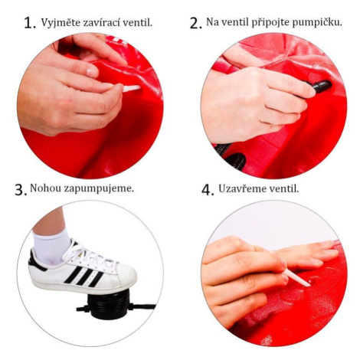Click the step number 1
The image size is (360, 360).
29,23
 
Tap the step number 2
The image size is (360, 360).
196,23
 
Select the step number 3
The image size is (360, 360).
21,190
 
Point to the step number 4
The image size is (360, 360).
208,190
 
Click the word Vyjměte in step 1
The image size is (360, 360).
61,23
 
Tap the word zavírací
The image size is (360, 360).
101,22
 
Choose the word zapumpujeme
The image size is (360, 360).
99,189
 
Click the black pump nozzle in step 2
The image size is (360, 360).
319,87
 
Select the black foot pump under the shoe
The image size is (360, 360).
108,304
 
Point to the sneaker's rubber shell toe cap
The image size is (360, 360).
123,275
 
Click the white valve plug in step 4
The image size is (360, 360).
297,278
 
